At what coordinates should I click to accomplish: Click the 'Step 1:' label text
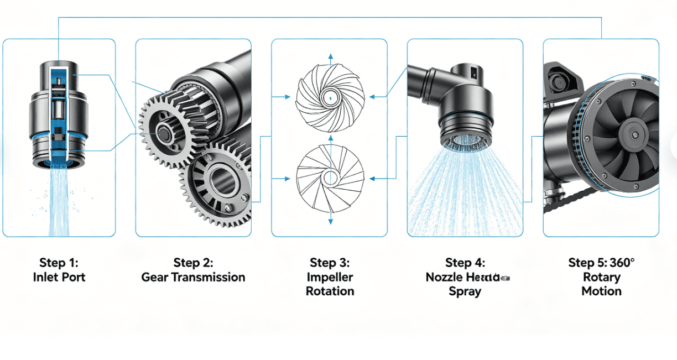[59, 263]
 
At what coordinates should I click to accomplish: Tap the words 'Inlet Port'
[59, 277]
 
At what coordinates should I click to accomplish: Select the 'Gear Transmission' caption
[193, 277]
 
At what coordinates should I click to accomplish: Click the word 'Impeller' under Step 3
[330, 277]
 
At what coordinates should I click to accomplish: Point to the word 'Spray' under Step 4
[465, 291]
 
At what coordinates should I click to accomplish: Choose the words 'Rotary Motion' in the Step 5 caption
[601, 284]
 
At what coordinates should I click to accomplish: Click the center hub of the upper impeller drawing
[330, 97]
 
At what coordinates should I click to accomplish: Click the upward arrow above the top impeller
[330, 56]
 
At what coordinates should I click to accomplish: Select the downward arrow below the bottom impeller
[330, 221]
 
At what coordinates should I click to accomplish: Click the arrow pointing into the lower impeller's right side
[374, 178]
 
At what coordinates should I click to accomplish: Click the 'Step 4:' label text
[465, 263]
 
